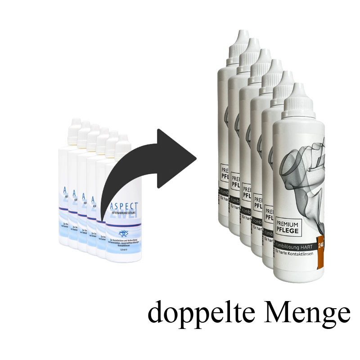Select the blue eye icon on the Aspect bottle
click(x=123, y=234)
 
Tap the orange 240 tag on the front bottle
click(x=321, y=246)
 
